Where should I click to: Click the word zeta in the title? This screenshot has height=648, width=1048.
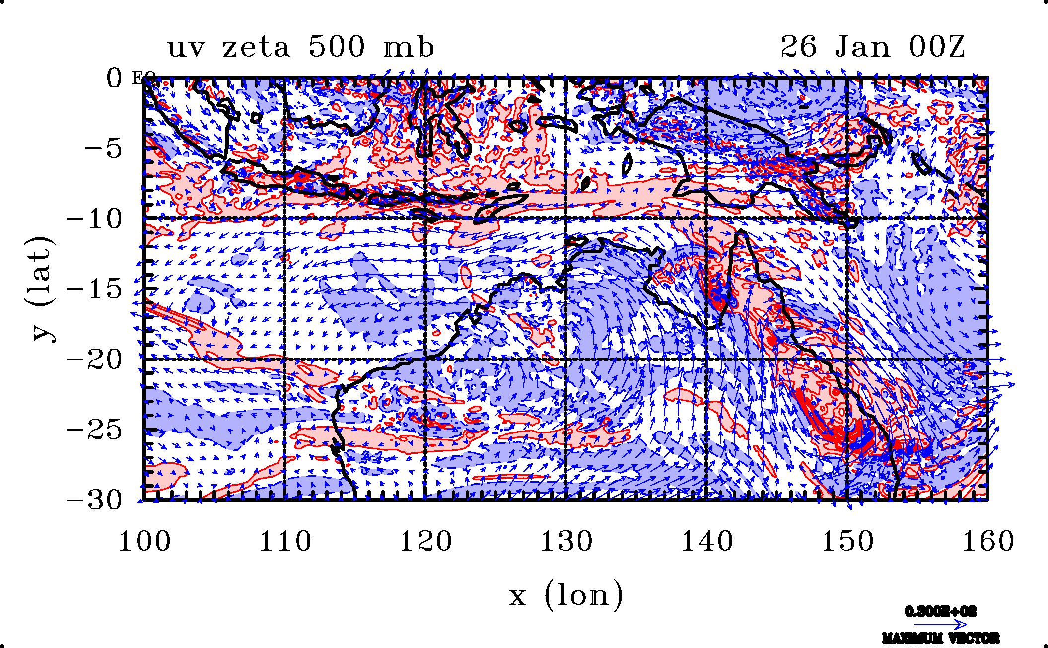256,48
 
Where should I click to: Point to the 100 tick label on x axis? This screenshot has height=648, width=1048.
144,541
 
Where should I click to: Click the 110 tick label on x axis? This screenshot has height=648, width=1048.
285,541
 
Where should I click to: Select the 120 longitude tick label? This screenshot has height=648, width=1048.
426,541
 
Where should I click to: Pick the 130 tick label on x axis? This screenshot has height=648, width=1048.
566,541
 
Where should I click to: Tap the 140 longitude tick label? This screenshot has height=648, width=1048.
707,541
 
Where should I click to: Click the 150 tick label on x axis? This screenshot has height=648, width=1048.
847,541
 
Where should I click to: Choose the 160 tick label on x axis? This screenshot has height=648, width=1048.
988,541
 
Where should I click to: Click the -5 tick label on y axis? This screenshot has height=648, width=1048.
103,148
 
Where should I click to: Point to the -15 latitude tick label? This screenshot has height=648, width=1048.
94,288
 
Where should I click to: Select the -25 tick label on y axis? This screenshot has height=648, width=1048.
94,430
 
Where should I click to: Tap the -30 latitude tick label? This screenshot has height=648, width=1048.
94,500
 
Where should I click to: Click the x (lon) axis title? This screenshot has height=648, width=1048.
566,595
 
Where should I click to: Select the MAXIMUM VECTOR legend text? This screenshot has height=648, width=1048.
940,638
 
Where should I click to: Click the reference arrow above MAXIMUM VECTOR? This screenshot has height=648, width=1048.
940,624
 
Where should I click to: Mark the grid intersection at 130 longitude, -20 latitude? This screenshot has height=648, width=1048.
566,359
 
